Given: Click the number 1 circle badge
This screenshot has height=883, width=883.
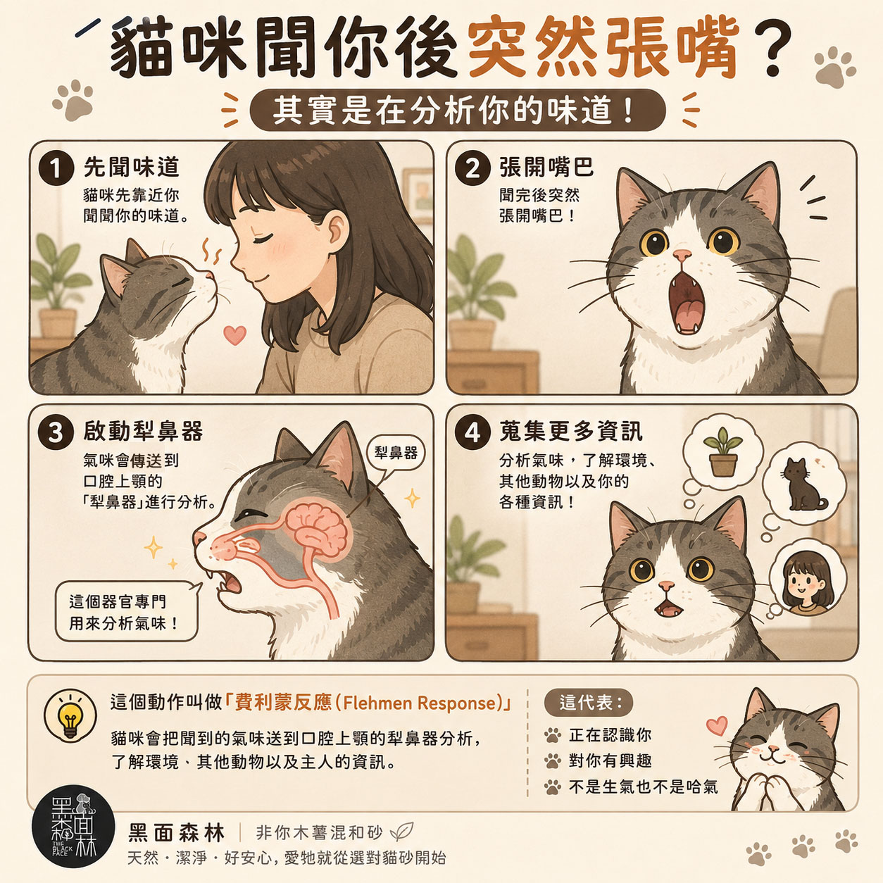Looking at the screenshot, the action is (x=56, y=168).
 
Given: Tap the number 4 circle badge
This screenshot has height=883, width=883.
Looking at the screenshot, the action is (x=472, y=432).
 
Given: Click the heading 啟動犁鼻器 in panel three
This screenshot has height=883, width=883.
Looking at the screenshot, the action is (x=143, y=431).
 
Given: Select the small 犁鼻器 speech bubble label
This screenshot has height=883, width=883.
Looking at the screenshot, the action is (x=396, y=453).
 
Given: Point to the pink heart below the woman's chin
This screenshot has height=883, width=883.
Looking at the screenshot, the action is (x=234, y=335).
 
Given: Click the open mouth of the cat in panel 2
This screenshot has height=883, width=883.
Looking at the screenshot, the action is (x=686, y=303).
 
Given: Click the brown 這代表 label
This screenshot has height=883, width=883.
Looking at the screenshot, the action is (x=589, y=703).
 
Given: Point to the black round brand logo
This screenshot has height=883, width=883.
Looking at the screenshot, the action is (x=73, y=827).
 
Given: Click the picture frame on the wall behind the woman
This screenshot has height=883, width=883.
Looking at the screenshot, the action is (x=417, y=196).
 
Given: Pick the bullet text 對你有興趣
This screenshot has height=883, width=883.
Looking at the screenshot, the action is (x=610, y=761).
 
